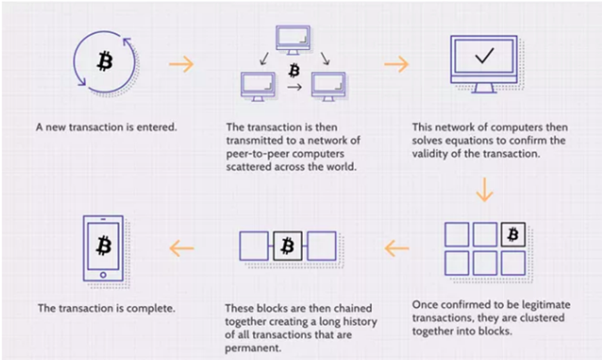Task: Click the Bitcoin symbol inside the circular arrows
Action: point(104,61)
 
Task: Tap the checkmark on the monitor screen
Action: point(484,56)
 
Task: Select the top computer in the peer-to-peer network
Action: point(292,39)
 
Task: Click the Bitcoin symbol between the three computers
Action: point(294,69)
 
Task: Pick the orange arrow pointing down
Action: point(485,190)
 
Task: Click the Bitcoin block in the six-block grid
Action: point(513,235)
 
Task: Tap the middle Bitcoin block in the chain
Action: point(288,245)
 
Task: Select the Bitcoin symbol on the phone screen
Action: point(104,245)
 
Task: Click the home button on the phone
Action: point(104,274)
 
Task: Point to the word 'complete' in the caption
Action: point(152,308)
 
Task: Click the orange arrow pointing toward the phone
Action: point(181,245)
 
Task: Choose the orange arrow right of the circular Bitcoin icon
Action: point(181,64)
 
